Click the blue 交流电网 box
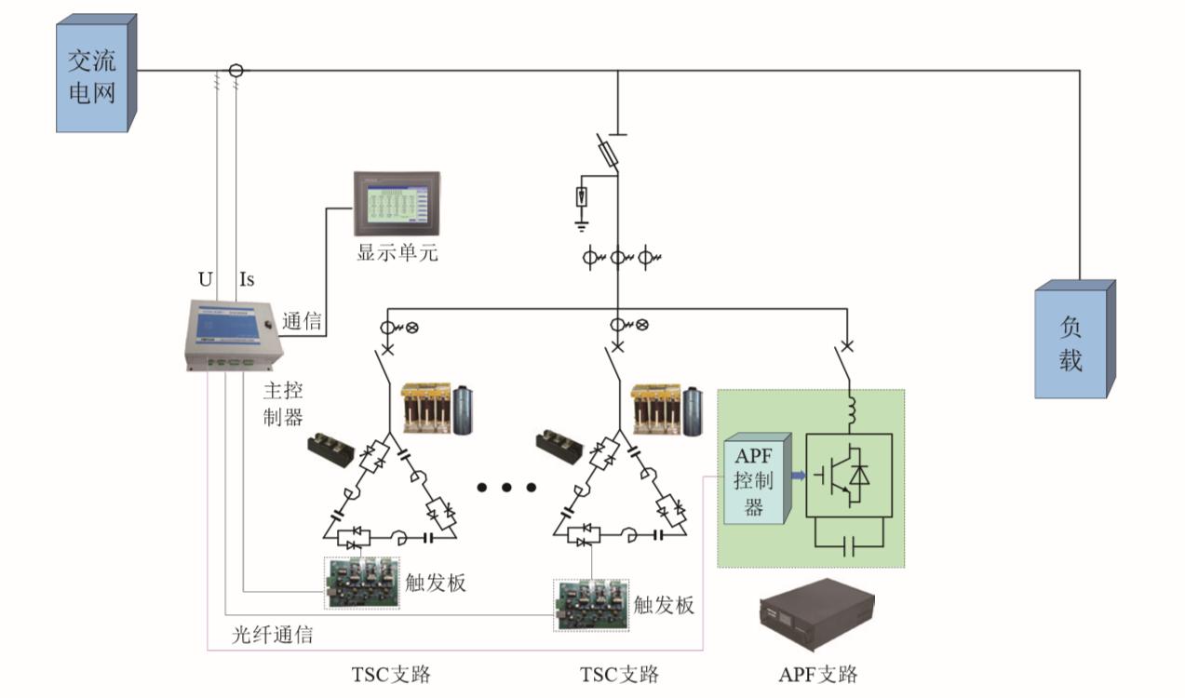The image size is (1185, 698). (x=94, y=74)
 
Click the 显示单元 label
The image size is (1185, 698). (x=397, y=252)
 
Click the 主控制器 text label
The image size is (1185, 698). (x=282, y=403)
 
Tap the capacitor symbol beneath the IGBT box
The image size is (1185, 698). (x=848, y=548)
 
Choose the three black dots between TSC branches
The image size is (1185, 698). (x=506, y=487)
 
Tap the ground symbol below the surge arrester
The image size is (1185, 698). (x=582, y=224)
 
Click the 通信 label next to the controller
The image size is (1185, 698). (x=303, y=323)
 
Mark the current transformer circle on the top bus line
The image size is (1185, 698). (x=236, y=70)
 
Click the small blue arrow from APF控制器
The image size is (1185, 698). (x=797, y=477)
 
